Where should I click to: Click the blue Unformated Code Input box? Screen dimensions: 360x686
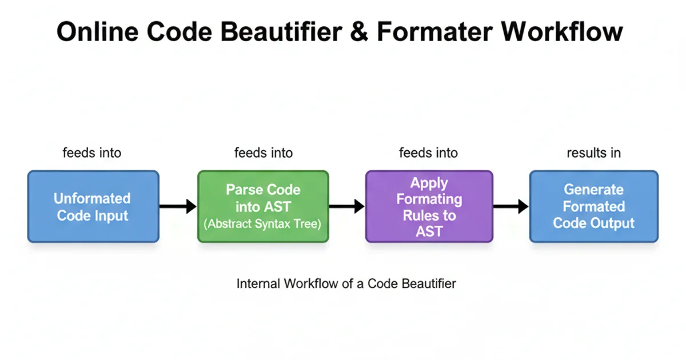click(x=93, y=206)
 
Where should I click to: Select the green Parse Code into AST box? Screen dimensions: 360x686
click(x=263, y=206)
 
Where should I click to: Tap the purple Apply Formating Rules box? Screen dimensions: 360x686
click(x=429, y=206)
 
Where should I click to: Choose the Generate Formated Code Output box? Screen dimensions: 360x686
click(x=593, y=206)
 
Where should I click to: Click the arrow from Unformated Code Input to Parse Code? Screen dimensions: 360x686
click(x=178, y=206)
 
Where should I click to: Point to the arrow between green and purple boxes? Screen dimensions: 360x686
click(x=347, y=206)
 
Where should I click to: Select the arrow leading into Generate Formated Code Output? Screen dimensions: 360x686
click(x=510, y=206)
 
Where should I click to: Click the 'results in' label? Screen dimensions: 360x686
click(x=593, y=153)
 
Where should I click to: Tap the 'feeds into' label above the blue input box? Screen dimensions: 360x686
click(x=92, y=153)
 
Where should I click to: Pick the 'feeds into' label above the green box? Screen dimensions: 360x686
click(x=264, y=153)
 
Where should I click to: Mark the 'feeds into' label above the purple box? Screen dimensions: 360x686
click(x=428, y=153)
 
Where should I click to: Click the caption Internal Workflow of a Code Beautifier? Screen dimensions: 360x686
click(x=346, y=283)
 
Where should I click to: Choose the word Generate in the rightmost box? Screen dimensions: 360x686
click(x=593, y=189)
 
